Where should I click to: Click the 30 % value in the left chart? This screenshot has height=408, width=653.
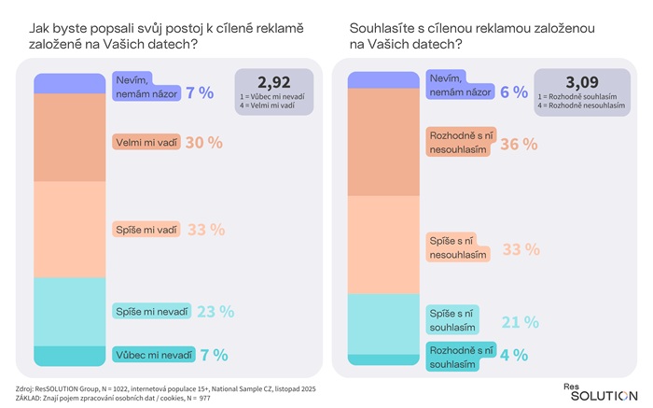pos(203,143)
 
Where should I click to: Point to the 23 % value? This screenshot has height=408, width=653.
pos(215,312)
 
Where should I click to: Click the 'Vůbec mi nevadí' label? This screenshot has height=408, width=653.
pos(154,355)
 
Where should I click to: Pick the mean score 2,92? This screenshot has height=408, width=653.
pos(268,83)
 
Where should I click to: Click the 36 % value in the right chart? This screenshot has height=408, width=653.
pos(520,144)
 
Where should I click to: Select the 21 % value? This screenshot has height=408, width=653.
pos(520,321)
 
